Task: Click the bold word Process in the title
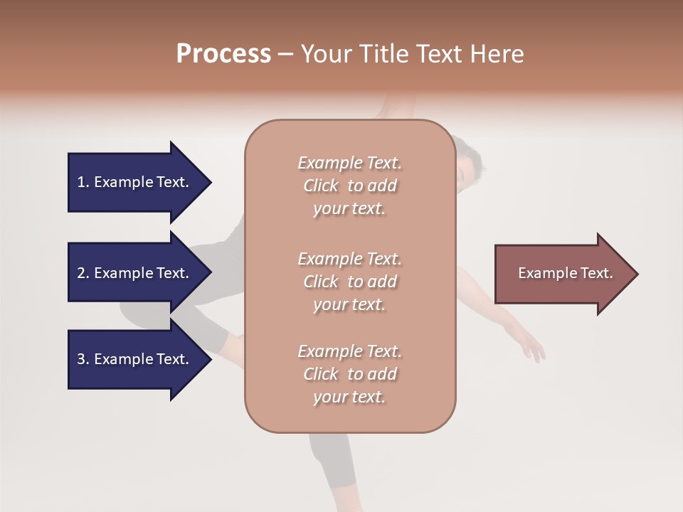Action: [223, 53]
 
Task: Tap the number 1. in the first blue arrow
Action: [83, 182]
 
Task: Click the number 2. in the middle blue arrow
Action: [83, 273]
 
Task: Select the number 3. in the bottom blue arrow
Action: [83, 359]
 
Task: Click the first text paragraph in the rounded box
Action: [349, 186]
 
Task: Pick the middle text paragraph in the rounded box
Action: [349, 282]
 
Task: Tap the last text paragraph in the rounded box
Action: [349, 374]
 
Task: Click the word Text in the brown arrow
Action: [597, 273]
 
